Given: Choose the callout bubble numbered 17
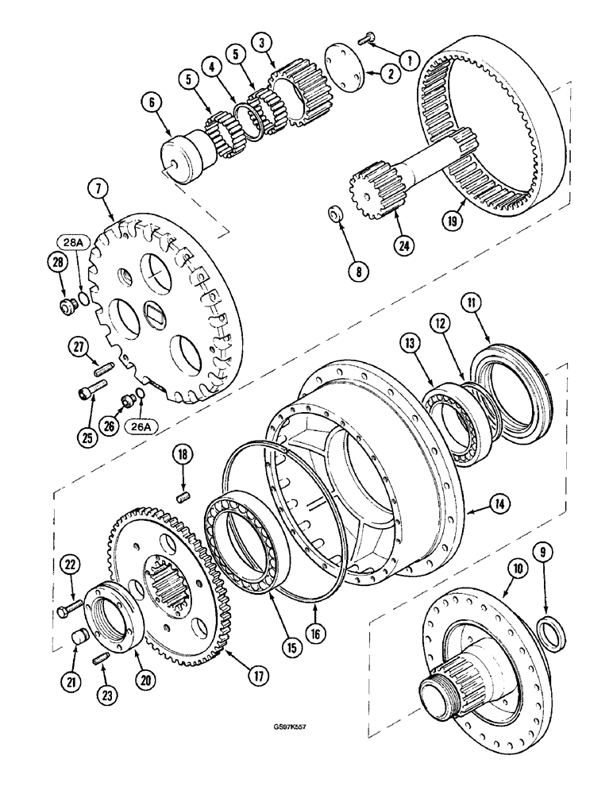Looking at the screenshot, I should point(256,675).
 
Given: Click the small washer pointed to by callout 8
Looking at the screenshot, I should point(336,216).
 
